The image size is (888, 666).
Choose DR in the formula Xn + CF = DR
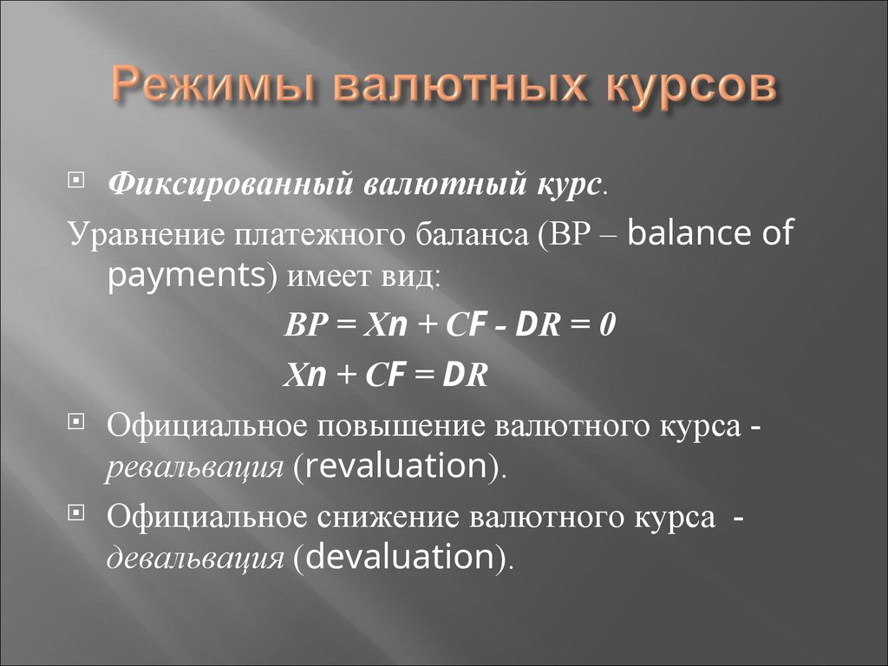click(467, 374)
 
